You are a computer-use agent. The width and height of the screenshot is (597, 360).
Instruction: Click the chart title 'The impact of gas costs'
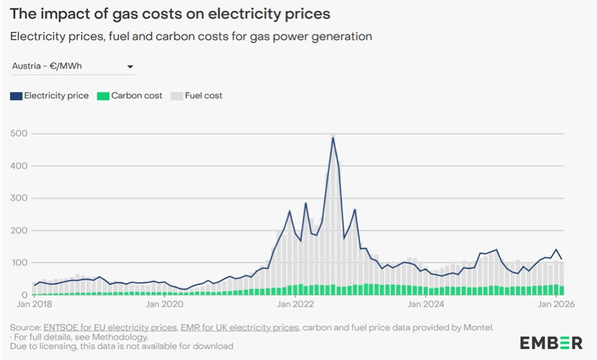click(170, 13)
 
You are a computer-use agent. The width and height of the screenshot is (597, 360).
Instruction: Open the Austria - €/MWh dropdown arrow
click(130, 67)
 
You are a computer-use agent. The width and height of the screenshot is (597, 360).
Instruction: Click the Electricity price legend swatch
click(16, 96)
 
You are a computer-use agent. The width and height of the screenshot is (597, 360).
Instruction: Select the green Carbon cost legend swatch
click(103, 96)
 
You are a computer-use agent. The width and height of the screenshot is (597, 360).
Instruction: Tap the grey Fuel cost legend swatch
click(177, 96)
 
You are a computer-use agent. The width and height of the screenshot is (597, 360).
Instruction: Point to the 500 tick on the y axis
click(20, 134)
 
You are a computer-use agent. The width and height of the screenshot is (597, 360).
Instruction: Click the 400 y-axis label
click(20, 166)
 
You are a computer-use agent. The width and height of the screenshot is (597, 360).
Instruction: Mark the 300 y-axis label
click(20, 198)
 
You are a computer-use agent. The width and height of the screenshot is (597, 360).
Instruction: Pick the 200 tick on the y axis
click(20, 231)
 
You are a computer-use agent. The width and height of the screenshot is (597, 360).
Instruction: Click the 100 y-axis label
click(20, 263)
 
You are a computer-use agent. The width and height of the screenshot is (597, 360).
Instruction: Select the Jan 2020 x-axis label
click(161, 305)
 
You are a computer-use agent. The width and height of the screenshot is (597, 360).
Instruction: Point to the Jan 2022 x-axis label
click(293, 305)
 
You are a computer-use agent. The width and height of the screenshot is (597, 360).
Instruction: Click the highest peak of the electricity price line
click(333, 138)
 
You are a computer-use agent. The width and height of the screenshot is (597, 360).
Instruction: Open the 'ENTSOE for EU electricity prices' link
click(109, 327)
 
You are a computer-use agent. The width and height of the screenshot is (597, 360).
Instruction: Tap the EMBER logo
click(551, 342)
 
